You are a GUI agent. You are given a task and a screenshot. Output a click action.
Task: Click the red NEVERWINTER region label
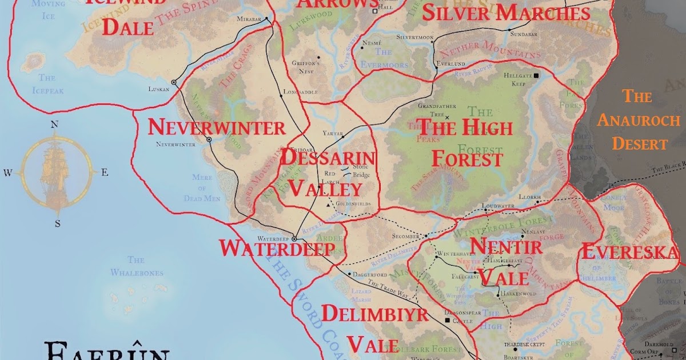click(216, 127)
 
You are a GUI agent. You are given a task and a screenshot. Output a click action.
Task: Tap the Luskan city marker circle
click(174, 83)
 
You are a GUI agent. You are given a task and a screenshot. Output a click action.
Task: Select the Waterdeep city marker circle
click(294, 239)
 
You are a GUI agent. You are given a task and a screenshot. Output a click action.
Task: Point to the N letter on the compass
click(55, 124)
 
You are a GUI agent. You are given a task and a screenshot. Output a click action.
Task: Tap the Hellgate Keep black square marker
click(537, 75)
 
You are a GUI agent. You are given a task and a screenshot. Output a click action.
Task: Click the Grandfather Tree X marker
click(448, 118)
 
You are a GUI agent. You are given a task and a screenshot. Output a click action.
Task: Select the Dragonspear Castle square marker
click(448, 321)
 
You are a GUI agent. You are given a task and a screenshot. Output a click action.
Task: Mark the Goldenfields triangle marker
click(328, 204)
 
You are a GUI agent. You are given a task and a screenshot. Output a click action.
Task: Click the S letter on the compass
click(57, 223)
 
